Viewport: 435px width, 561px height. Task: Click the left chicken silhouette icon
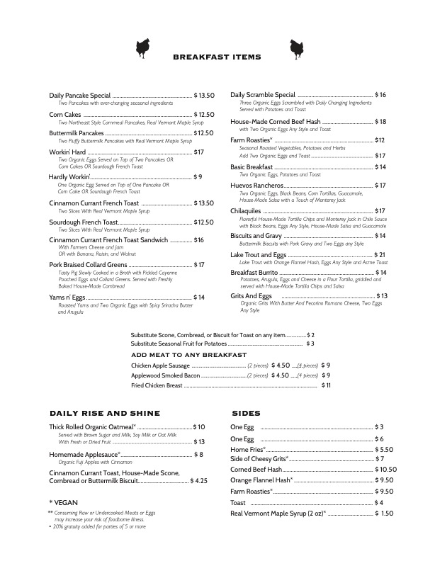point(142,47)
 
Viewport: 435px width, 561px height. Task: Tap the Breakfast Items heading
point(217,57)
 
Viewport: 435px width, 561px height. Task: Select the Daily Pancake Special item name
point(80,95)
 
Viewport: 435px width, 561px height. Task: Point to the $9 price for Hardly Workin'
point(198,176)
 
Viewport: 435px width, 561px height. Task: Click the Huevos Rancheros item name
point(256,186)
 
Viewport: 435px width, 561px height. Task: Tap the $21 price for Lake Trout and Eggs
point(378,254)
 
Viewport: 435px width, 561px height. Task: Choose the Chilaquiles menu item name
point(246,210)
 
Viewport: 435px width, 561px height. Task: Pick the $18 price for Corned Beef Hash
point(380,122)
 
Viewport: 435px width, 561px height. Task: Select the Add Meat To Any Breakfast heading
point(188,354)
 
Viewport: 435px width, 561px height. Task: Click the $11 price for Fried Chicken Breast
point(326,385)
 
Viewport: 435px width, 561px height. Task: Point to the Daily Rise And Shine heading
point(104,413)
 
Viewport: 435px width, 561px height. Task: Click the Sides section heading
point(246,413)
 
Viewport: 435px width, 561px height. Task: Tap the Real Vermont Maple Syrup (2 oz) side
point(277,513)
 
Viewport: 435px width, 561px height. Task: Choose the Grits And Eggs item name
point(251,295)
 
